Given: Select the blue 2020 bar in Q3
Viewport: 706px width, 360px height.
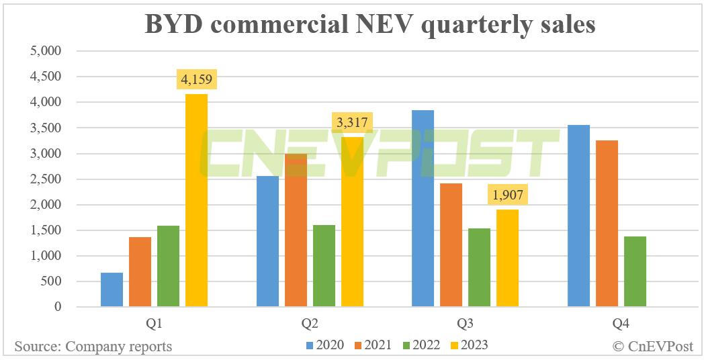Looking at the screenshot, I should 423,208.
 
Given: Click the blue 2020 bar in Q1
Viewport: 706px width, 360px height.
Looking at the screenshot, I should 112,289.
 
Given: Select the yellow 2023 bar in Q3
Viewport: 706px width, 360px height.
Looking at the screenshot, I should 507,258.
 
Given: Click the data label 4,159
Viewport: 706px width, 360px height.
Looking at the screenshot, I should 196,81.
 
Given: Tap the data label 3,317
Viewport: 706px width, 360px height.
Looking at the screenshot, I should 352,124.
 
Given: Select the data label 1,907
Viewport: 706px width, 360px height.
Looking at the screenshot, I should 507,195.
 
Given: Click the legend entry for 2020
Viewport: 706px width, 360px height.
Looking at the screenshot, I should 325,345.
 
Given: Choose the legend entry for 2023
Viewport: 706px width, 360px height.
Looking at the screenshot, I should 469,345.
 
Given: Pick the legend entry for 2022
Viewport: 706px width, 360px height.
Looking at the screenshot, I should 421,345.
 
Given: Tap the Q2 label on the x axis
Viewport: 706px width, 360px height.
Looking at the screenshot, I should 310,324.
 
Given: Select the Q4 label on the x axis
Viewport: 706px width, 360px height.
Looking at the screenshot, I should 621,324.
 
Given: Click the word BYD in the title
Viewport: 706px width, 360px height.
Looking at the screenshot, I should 175,24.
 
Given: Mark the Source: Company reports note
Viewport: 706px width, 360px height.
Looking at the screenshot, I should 93,347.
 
